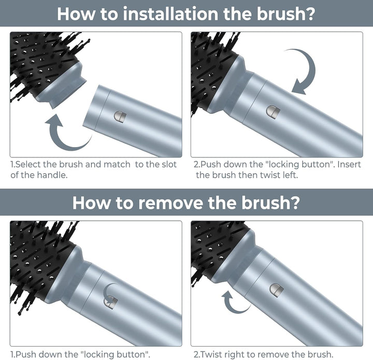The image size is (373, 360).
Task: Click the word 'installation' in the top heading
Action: (170, 13)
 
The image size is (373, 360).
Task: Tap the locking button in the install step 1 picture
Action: (120, 117)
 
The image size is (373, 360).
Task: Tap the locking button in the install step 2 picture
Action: (273, 112)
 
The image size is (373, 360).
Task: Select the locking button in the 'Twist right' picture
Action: (277, 290)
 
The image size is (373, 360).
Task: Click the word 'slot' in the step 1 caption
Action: (168, 164)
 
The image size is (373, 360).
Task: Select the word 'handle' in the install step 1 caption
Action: (52, 175)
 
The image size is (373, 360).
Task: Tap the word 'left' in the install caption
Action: (291, 175)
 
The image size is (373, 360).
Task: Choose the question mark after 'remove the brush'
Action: (295, 203)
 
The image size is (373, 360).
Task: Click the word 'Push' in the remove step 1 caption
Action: (26, 354)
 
